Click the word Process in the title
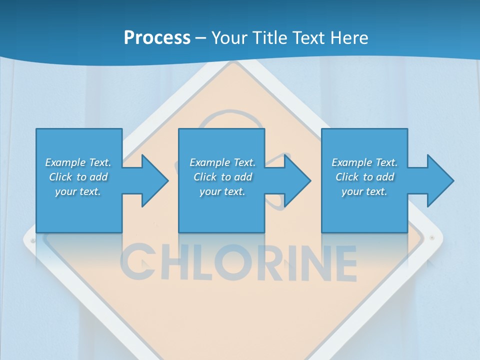tap(157, 37)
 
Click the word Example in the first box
tap(65, 162)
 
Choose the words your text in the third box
tap(364, 191)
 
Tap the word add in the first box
tap(98, 177)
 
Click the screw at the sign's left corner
tap(33, 240)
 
